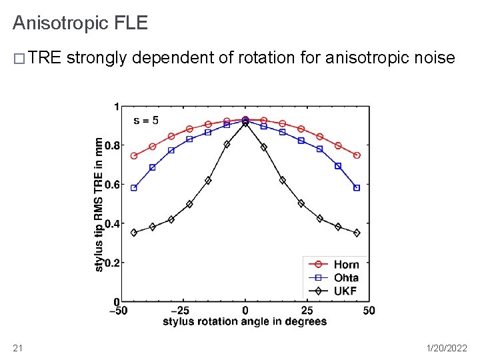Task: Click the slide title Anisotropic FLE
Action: (x=80, y=23)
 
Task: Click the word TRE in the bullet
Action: (x=45, y=59)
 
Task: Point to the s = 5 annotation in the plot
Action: (x=146, y=121)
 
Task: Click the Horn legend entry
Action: (x=346, y=265)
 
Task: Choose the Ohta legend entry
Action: (x=346, y=277)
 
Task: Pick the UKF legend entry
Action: (x=345, y=291)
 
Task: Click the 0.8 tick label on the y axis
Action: (x=111, y=145)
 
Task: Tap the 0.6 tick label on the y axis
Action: (x=111, y=185)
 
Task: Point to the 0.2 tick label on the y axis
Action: (x=111, y=263)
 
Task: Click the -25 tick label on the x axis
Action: (x=180, y=311)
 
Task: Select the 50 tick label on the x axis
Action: (x=369, y=311)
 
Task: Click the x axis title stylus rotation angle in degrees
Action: (x=245, y=321)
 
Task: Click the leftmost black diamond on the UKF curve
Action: (x=134, y=233)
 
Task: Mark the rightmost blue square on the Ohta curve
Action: (x=357, y=188)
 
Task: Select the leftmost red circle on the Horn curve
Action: (x=134, y=156)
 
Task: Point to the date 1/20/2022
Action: (x=445, y=347)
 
